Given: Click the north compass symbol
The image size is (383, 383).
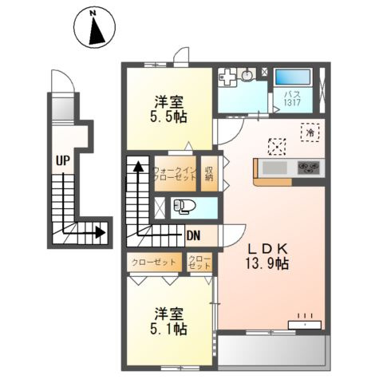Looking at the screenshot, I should [x=95, y=30].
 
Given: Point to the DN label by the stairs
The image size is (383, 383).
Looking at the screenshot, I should [x=192, y=235].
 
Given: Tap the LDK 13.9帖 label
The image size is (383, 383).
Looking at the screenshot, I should [x=267, y=256].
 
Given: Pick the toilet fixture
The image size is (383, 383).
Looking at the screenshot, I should [x=184, y=207].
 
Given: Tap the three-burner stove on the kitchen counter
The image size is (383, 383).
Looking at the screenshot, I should [x=308, y=168].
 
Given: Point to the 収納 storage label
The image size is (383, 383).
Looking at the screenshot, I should [x=208, y=173].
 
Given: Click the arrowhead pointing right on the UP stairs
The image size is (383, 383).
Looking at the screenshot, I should [x=101, y=233].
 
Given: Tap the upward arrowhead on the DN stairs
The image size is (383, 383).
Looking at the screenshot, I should [x=137, y=167].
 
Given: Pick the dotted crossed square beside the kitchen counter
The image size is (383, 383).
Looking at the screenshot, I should [x=277, y=145].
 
